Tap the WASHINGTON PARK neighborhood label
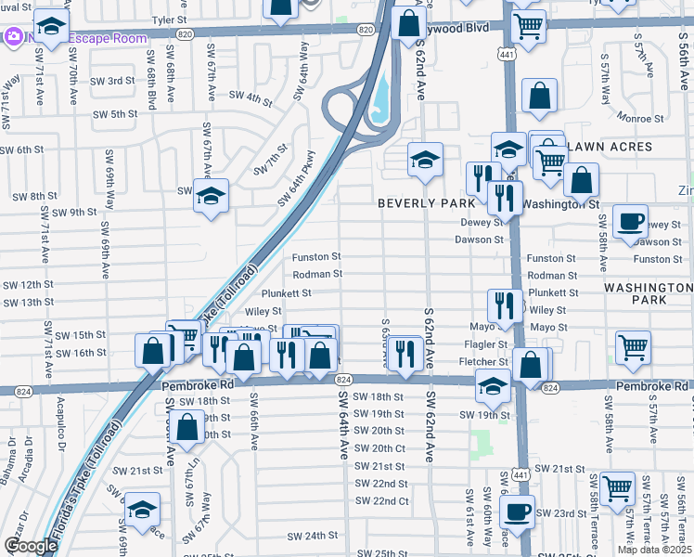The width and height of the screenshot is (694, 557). click(x=648, y=294)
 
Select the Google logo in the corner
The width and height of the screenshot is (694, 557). click(x=30, y=546)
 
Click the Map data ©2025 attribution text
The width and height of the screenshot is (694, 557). click(x=654, y=550)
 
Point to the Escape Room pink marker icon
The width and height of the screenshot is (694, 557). click(x=14, y=38)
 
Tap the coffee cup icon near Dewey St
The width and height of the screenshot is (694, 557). click(x=630, y=221)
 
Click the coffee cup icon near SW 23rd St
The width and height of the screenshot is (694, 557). click(x=517, y=510)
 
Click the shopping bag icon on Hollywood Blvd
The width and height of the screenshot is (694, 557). click(x=408, y=23)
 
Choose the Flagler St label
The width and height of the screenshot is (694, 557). click(x=491, y=344)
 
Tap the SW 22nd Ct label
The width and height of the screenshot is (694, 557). click(x=382, y=501)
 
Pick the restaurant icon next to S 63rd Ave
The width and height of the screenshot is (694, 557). click(x=405, y=352)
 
